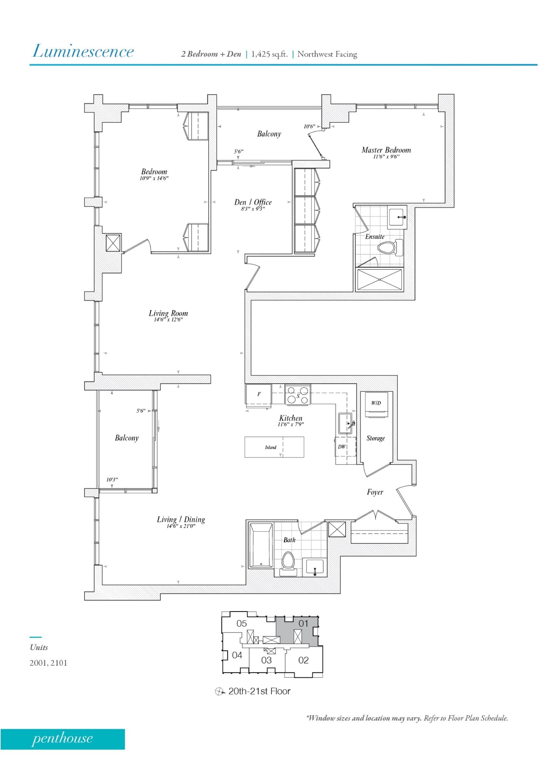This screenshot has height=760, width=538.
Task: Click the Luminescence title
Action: (83, 51)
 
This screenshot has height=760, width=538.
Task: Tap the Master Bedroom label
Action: (386, 150)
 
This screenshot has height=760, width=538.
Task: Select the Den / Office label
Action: (253, 202)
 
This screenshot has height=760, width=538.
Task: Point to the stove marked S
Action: (297, 395)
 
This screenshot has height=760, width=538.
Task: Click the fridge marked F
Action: (259, 394)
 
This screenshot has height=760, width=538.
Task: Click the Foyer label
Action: (375, 492)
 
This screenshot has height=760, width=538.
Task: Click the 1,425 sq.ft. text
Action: (269, 54)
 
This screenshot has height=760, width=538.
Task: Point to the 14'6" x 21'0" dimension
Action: (181, 526)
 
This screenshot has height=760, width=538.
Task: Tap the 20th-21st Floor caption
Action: (259, 691)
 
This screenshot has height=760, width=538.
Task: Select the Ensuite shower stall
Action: (379, 280)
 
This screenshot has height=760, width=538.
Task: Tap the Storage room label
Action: (375, 438)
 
